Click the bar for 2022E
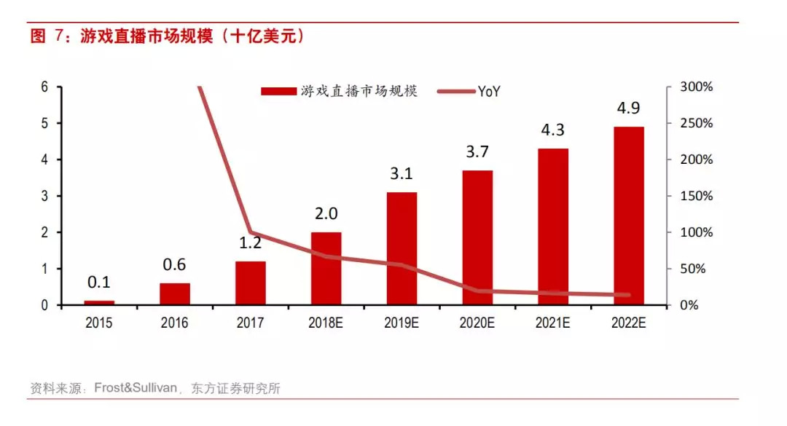(629, 216)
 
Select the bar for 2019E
(402, 248)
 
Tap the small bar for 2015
(99, 302)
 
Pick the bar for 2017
(251, 283)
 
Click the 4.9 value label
(629, 110)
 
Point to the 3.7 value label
(477, 153)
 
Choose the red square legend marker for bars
(278, 91)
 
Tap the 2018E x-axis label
(326, 323)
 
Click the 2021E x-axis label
(553, 323)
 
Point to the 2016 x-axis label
(174, 323)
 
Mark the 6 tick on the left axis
(44, 87)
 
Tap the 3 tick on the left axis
(44, 196)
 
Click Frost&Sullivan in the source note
(136, 388)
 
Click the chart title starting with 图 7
(168, 36)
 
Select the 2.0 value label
(326, 214)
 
